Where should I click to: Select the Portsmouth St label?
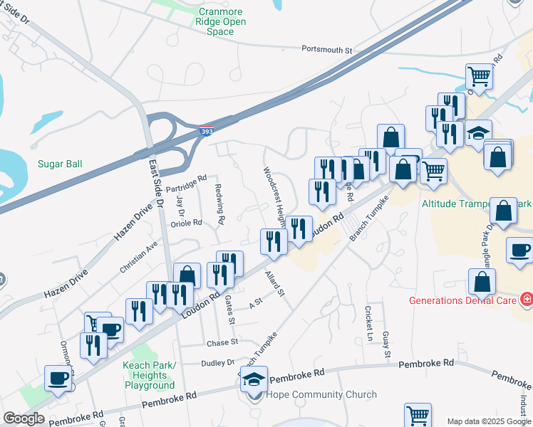click(x=327, y=51)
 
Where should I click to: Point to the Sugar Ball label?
click(x=60, y=164)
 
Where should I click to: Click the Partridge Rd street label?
click(x=185, y=183)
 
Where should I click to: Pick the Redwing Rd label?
click(x=219, y=204)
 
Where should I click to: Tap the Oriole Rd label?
click(x=182, y=222)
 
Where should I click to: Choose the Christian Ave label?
click(x=138, y=258)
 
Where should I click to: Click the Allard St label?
click(x=274, y=283)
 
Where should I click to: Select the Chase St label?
click(x=222, y=342)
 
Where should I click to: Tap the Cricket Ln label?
click(x=369, y=322)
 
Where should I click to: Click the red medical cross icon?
click(x=526, y=300)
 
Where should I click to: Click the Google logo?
click(x=24, y=418)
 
